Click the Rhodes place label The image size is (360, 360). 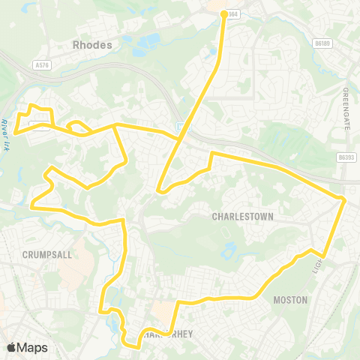[92, 45]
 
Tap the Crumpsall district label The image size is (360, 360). [46, 254]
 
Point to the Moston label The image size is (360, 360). [290, 300]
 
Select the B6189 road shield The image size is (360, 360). [323, 44]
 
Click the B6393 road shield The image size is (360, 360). [346, 157]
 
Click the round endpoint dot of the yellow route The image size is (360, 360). [223, 13]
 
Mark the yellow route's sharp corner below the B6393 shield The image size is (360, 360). [343, 199]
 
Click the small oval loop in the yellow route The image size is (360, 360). [76, 126]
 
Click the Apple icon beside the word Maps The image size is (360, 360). [11, 347]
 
